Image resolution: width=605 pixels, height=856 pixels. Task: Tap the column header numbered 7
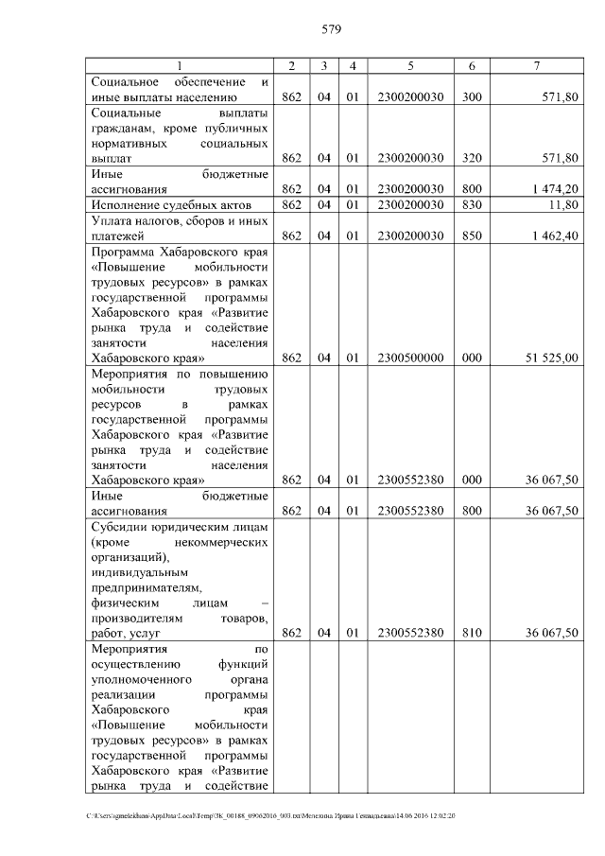(x=536, y=65)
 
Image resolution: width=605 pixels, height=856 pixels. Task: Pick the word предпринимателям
(x=147, y=587)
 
